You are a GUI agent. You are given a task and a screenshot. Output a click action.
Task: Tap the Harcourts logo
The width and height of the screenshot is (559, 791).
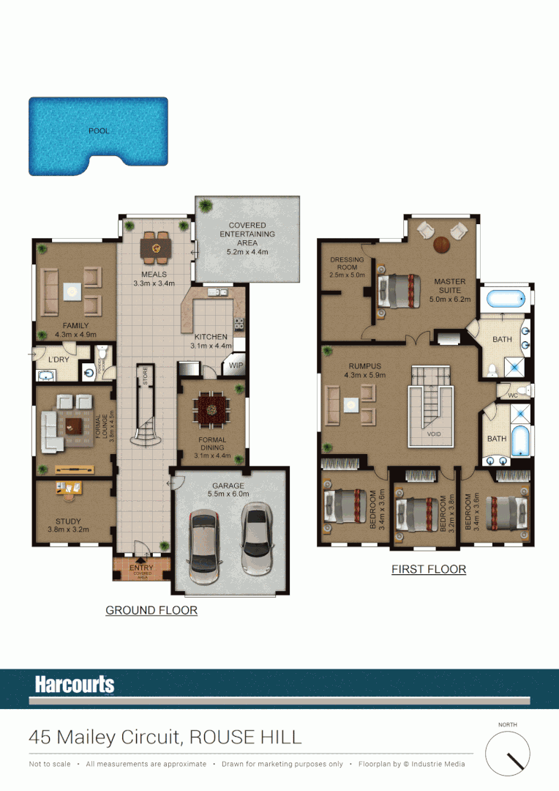tap(75, 685)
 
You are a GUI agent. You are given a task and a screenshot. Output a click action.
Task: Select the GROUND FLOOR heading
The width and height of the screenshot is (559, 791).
tap(151, 610)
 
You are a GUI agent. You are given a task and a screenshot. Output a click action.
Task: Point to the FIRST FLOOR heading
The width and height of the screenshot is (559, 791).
tap(429, 569)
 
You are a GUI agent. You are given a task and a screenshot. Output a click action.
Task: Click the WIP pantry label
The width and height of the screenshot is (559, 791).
tap(236, 365)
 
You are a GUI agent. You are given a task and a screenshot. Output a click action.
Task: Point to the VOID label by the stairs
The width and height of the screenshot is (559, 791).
tap(435, 434)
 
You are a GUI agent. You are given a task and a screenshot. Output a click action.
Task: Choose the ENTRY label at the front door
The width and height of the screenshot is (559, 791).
tap(141, 568)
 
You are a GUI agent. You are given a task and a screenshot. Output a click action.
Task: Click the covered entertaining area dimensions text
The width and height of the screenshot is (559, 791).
tap(247, 251)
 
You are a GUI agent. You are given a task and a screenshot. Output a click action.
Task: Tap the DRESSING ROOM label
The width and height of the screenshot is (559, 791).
tap(347, 264)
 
